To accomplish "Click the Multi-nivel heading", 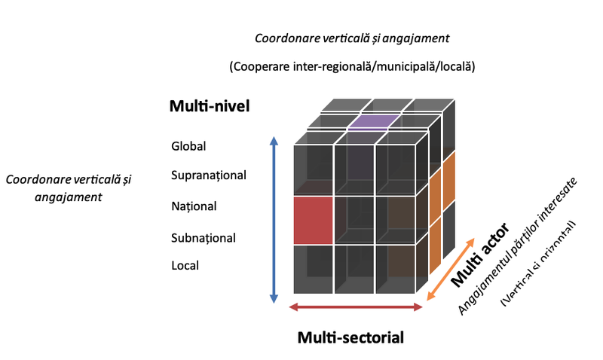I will (209, 107).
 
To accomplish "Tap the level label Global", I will (188, 146).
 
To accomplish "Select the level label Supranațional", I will (209, 175).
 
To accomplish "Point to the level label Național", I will (194, 206).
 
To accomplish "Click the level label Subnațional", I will (204, 238).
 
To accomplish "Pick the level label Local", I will (185, 266).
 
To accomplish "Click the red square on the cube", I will (313, 220).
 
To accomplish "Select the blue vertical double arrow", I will (274, 220).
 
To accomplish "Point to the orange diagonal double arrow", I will (451, 269).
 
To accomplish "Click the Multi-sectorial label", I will (350, 337).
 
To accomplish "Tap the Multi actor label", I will (479, 254).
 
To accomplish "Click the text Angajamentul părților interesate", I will (519, 246).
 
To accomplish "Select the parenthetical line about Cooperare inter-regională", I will (351, 67).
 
